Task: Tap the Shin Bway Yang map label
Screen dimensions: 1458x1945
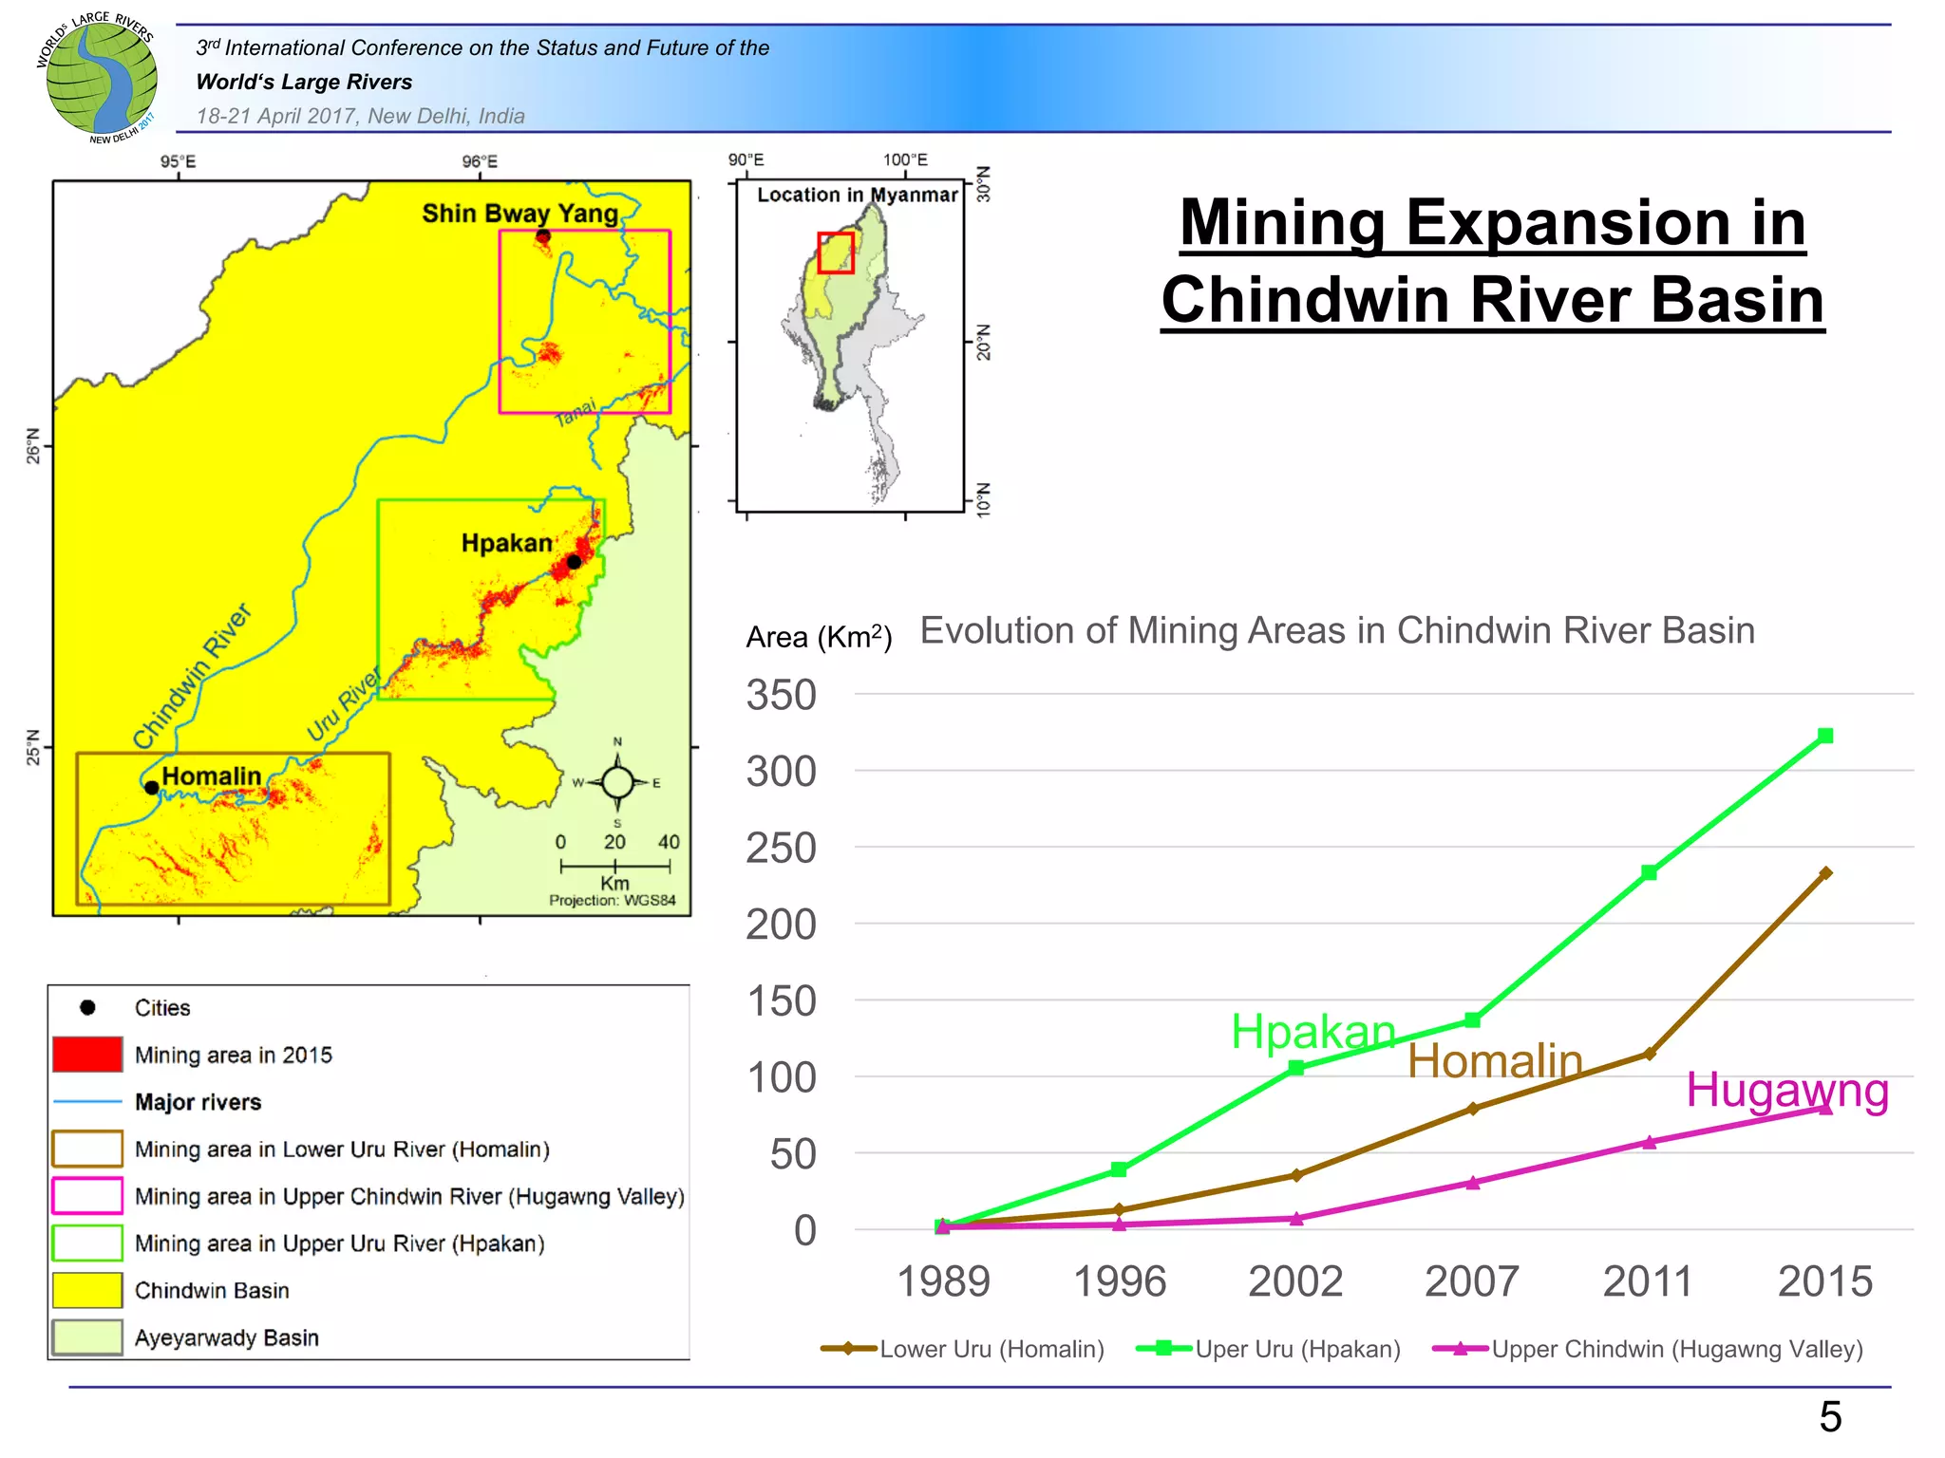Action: [x=519, y=214]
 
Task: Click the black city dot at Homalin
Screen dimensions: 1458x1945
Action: [x=151, y=788]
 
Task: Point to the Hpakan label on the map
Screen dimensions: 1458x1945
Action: [x=506, y=543]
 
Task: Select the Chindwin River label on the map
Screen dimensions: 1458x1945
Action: [x=192, y=676]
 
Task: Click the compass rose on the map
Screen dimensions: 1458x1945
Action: [x=617, y=783]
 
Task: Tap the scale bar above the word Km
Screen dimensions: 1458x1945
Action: [x=614, y=866]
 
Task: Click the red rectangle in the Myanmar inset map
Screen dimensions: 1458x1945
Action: [x=836, y=252]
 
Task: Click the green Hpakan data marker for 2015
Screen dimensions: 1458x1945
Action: [x=1824, y=736]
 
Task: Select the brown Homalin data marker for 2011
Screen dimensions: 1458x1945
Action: [x=1649, y=1054]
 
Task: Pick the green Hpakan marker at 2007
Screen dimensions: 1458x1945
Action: [x=1472, y=1019]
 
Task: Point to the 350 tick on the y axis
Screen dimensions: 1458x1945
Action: [x=781, y=695]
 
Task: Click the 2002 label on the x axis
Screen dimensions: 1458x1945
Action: [x=1295, y=1281]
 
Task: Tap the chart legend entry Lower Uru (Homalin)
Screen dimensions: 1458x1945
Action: [x=964, y=1349]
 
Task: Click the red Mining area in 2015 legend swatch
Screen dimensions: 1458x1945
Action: [x=87, y=1055]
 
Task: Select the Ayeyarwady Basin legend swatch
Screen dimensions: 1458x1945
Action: [x=87, y=1337]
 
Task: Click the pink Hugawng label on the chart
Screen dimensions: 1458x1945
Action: [x=1786, y=1090]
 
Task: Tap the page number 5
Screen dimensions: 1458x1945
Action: [x=1830, y=1417]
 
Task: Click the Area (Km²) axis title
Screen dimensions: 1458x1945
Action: [x=819, y=637]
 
